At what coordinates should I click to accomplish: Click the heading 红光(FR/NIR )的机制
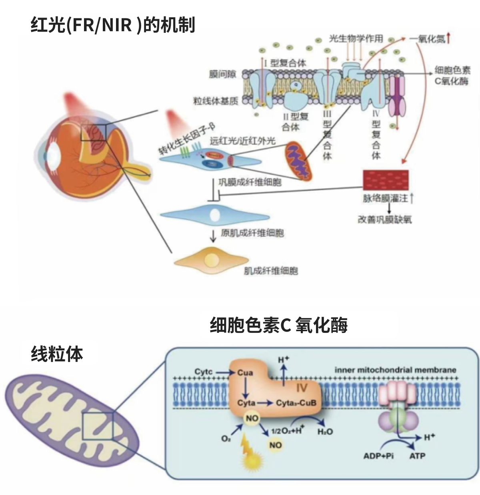coord(113,25)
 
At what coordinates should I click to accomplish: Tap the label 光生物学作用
coord(356,39)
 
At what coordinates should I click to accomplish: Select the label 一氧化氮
coord(427,39)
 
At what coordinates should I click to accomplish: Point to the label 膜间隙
coord(222,74)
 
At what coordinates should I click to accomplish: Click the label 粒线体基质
coord(216,101)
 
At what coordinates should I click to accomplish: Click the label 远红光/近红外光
coord(243,141)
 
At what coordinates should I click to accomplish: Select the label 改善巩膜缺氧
coord(384,219)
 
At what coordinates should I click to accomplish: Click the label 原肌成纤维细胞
coord(252,233)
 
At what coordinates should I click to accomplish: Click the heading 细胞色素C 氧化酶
coord(278,325)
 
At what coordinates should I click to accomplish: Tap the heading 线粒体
coord(57,354)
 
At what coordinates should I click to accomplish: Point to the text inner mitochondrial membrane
coord(395,370)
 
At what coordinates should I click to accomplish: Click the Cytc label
coord(204,372)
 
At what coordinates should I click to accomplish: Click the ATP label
coord(417,456)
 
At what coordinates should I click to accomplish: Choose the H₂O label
coord(325,432)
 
